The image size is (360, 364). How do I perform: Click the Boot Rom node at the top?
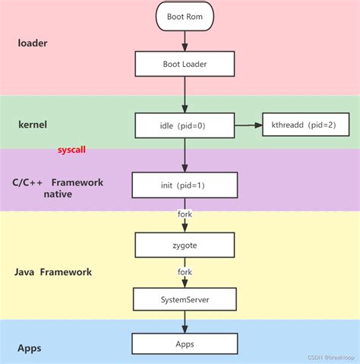coord(184,15)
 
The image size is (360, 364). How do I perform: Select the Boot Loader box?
coord(184,64)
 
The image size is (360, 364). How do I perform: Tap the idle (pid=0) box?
coord(184,125)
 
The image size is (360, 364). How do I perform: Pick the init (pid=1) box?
coord(184,185)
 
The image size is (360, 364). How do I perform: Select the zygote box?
coord(184,244)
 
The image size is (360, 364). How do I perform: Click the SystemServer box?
coord(184,299)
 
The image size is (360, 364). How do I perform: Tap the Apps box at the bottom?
coord(184,343)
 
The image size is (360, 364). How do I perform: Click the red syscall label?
coord(71,150)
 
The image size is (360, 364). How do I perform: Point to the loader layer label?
coord(33,43)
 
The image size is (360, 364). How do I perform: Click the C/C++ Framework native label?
coord(57,188)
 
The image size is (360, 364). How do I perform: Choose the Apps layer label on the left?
coord(29,348)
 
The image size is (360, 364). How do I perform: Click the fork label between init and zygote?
coord(185,214)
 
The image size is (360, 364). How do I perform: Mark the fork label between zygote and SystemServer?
coord(185,272)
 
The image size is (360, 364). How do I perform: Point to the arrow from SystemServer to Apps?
coord(185,322)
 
